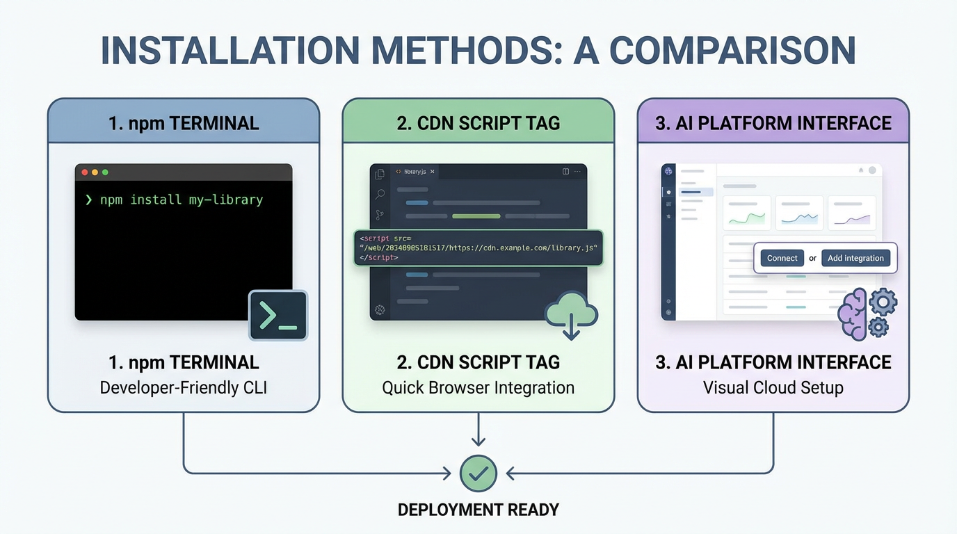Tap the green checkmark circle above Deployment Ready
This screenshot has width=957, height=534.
click(x=478, y=474)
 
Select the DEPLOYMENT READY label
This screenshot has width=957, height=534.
click(x=478, y=510)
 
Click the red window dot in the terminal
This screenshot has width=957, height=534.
click(x=85, y=172)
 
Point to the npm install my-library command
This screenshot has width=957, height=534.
click(x=181, y=200)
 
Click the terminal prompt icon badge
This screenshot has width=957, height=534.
click(x=278, y=316)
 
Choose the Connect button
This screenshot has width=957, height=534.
click(x=782, y=258)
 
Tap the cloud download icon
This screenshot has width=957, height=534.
click(x=571, y=315)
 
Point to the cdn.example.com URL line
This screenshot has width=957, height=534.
click(x=478, y=248)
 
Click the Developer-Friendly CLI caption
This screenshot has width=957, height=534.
click(x=184, y=387)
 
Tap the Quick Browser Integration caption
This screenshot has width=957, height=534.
click(x=478, y=387)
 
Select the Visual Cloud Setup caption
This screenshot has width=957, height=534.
click(x=773, y=387)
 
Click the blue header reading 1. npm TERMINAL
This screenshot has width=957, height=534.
click(x=184, y=123)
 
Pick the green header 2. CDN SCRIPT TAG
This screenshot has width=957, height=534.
click(x=478, y=123)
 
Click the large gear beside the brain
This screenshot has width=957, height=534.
click(x=883, y=302)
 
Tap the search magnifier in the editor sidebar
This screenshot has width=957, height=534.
click(x=380, y=195)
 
